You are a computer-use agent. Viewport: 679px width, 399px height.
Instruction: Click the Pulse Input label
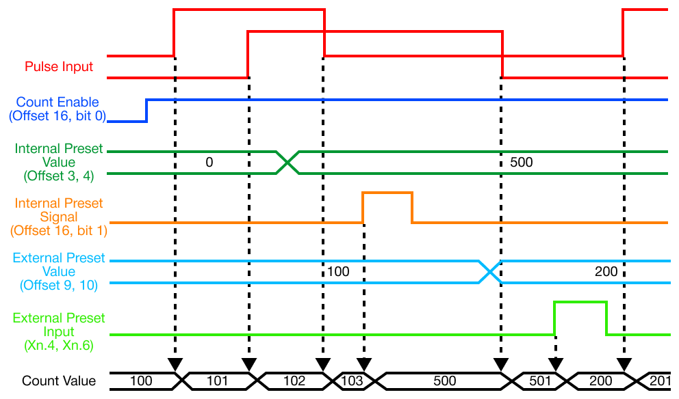[59, 67]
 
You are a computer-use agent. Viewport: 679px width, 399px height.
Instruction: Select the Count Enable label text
[57, 109]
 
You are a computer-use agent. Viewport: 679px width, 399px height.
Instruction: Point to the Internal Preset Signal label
[59, 217]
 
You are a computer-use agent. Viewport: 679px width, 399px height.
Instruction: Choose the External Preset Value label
[59, 271]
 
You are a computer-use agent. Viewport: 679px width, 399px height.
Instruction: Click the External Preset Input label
[59, 331]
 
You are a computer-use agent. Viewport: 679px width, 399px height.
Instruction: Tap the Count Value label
[59, 381]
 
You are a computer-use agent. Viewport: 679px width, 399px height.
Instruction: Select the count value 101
[217, 381]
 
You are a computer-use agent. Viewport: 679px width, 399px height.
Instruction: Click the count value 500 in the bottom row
[438, 381]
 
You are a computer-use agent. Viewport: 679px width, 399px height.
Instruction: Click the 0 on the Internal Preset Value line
[209, 163]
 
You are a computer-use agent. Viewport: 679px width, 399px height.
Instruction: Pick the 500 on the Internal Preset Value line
[521, 163]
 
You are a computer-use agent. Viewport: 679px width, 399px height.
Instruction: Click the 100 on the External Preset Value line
[338, 271]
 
